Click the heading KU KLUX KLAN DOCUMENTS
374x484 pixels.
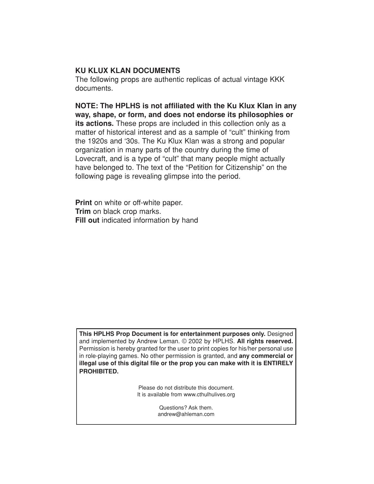point(128,71)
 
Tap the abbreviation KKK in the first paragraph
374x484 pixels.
point(277,79)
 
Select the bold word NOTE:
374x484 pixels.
point(87,106)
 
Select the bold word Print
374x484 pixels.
point(84,203)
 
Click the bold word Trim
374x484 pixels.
point(83,211)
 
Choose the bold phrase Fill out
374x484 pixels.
point(87,220)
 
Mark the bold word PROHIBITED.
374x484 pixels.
point(99,371)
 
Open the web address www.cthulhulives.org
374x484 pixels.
point(209,395)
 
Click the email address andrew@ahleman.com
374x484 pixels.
point(186,414)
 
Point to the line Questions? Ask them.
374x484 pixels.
point(186,408)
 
